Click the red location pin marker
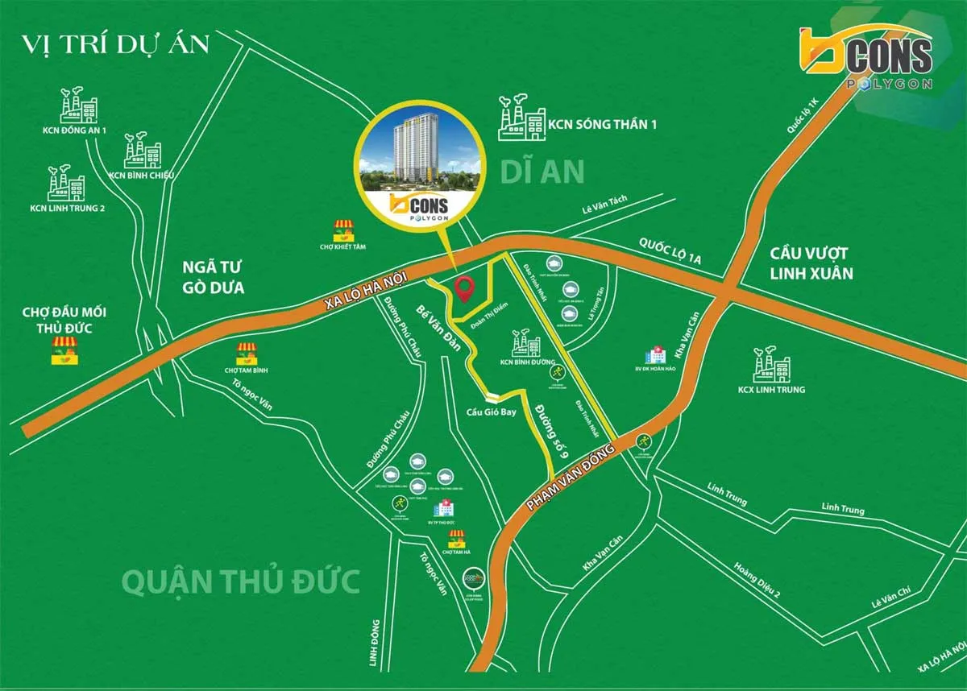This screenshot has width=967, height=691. [463, 288]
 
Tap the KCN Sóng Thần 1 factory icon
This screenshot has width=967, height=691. [521, 119]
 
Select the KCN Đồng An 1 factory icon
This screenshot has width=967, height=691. [79, 106]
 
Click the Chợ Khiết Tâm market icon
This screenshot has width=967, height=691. [343, 230]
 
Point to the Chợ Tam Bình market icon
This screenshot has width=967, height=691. [247, 354]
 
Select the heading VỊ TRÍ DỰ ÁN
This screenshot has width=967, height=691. [115, 43]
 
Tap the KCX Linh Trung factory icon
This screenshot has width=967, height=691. [771, 366]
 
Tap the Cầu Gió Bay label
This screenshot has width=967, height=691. [491, 412]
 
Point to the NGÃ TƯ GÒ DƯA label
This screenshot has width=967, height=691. [213, 277]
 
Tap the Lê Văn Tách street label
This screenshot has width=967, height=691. [604, 209]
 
